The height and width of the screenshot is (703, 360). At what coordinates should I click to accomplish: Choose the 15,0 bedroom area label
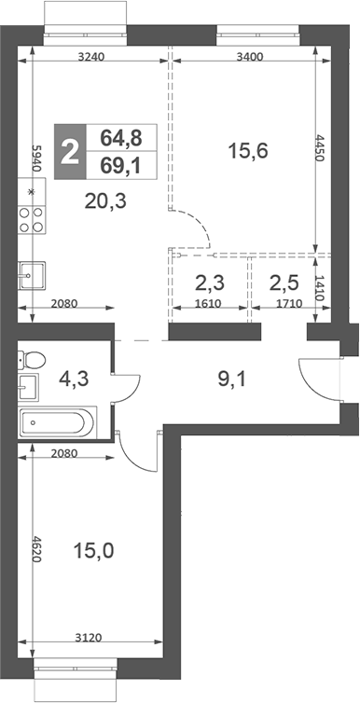pos(93,551)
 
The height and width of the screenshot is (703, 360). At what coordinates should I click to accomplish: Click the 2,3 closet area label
pos(208,283)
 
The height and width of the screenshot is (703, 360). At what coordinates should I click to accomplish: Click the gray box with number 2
pos(69,151)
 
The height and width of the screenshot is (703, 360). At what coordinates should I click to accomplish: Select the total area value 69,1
pos(121,167)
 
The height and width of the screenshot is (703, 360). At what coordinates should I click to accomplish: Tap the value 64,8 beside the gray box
pos(121,138)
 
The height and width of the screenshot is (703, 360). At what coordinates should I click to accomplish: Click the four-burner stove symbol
pos(32,218)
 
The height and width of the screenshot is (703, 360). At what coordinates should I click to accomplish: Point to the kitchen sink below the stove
pos(31,274)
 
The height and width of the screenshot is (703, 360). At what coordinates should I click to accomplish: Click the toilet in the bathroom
pos(33,358)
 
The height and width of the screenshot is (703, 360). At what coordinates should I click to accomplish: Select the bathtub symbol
pos(56,424)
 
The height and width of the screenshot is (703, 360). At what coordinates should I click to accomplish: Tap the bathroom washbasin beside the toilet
pos(28,386)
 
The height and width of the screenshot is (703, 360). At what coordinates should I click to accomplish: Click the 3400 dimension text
pos(250,57)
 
